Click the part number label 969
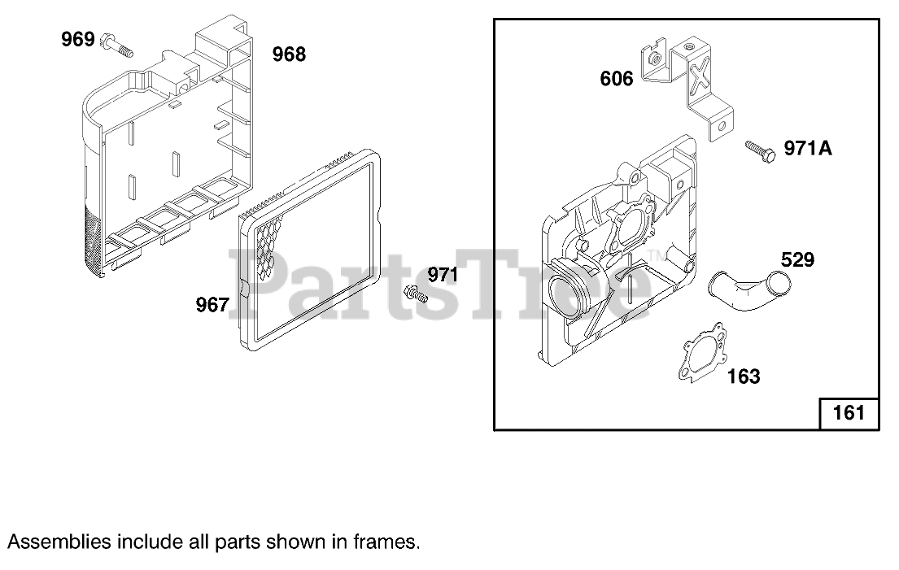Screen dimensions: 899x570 pyautogui.click(x=78, y=39)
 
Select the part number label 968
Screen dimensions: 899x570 pyautogui.click(x=289, y=54)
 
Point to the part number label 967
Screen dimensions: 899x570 pyautogui.click(x=212, y=305)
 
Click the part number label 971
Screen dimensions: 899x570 pyautogui.click(x=443, y=275)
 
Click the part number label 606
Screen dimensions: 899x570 pyautogui.click(x=617, y=79)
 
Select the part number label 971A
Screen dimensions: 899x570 pyautogui.click(x=808, y=148)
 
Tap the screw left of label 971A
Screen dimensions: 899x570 pyautogui.click(x=760, y=151)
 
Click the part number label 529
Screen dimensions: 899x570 pyautogui.click(x=797, y=260)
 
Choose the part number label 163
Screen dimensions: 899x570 pyautogui.click(x=743, y=376)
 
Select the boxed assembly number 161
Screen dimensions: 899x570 pyautogui.click(x=849, y=413)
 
